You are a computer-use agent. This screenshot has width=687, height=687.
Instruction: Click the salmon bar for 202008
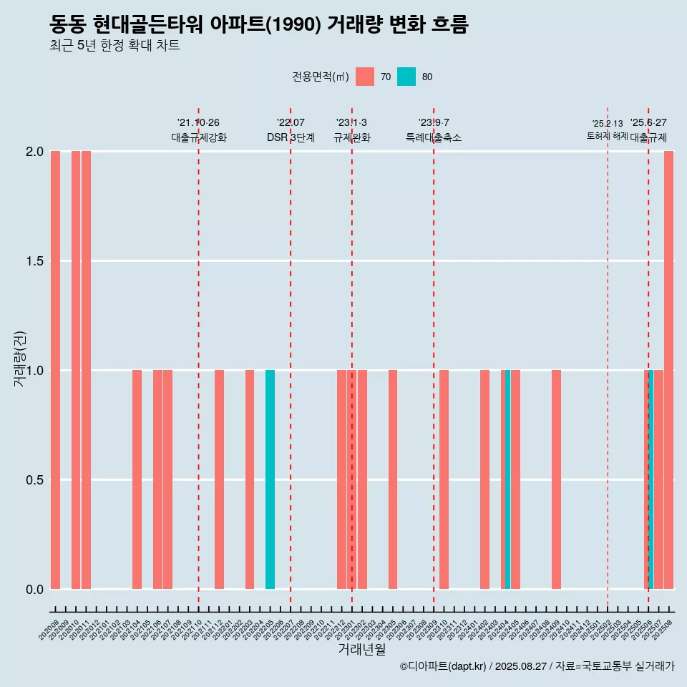coord(55,370)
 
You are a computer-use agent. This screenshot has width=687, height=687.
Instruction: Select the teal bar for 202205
coord(270,479)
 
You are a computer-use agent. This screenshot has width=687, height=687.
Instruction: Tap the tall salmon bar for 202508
coord(668,370)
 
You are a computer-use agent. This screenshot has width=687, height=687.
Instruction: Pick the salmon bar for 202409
coord(556,479)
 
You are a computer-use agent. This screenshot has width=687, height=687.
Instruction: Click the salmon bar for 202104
coord(137,479)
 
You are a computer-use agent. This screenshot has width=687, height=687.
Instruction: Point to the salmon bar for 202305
coord(393,479)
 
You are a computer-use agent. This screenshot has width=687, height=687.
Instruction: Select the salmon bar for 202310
coord(444,479)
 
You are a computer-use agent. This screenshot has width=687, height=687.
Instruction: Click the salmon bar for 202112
coord(219,479)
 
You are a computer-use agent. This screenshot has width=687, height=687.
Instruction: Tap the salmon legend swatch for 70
coord(365,77)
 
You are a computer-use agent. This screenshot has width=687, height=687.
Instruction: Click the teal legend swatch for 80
coord(406,77)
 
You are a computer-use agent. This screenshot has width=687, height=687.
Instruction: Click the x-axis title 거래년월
coord(361,650)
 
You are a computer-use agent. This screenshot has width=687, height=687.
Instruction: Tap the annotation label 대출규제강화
coord(199,137)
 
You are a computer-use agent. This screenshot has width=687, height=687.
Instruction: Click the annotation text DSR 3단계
coord(291,137)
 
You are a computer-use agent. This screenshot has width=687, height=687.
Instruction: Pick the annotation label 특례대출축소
coord(434,137)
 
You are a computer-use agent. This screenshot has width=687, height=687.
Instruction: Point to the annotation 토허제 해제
coord(607,135)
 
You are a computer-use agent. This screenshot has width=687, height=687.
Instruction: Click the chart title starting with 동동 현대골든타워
coord(259,25)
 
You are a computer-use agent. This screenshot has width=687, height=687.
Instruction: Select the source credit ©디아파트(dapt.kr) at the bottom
coord(537,666)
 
